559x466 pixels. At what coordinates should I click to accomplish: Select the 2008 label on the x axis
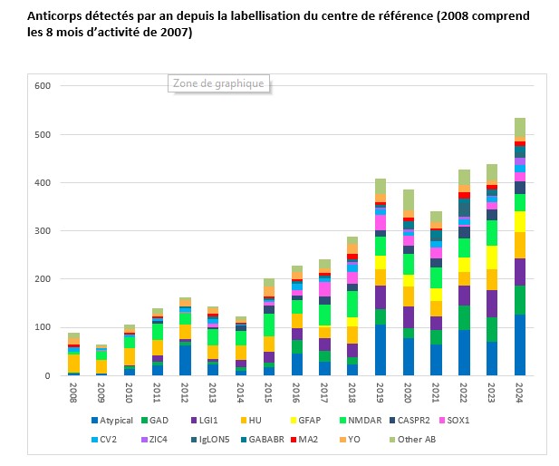pos(73,393)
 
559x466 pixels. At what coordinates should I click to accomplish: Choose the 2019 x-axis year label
pos(381,393)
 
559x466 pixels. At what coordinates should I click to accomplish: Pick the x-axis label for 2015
pos(269,393)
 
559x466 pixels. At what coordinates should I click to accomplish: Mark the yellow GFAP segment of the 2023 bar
pos(493,257)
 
